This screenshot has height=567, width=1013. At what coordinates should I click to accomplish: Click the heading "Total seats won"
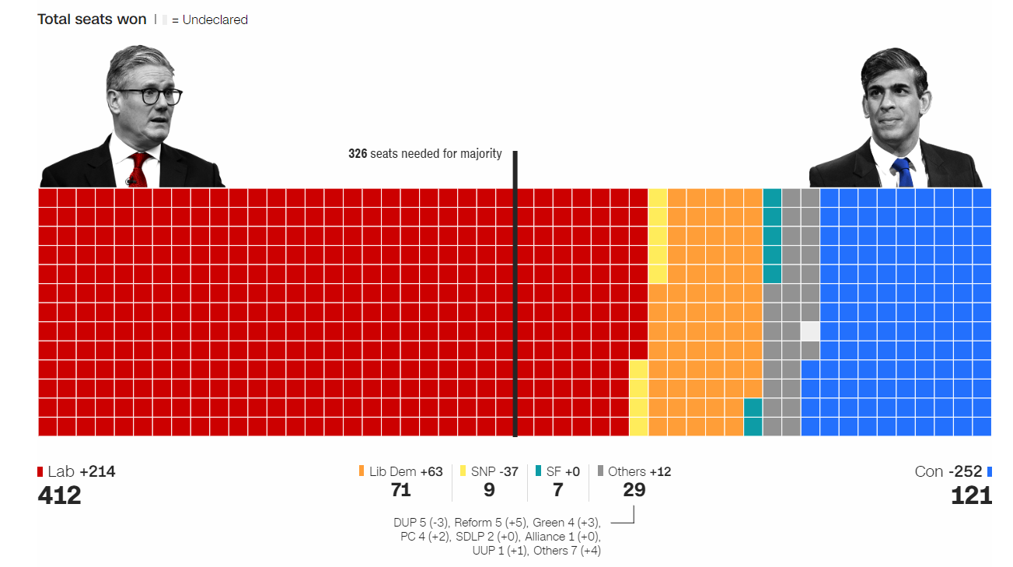92,19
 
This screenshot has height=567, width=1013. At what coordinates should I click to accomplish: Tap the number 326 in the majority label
358,154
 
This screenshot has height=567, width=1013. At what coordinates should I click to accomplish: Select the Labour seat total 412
59,495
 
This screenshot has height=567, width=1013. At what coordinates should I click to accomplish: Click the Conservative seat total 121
971,495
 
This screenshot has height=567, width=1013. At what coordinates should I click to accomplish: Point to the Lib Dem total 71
400,490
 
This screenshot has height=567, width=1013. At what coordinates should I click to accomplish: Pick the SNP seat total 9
489,490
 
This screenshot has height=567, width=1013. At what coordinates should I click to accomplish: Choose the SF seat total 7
557,490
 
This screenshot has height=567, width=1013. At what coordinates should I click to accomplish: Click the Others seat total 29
634,490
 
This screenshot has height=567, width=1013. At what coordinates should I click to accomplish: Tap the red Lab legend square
40,471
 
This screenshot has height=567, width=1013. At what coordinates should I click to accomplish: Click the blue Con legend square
990,471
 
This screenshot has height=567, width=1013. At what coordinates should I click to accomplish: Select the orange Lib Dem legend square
362,471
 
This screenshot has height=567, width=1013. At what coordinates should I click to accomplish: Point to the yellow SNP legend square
463,471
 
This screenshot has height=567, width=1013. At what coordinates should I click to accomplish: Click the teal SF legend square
539,471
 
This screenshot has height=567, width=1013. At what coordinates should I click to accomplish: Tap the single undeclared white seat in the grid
810,331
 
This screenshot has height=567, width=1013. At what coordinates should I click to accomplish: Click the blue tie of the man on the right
902,172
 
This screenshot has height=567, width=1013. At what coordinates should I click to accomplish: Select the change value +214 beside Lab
97,471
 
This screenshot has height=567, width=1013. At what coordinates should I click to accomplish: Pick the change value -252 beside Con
965,471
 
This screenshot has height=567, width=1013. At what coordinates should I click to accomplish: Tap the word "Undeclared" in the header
215,20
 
